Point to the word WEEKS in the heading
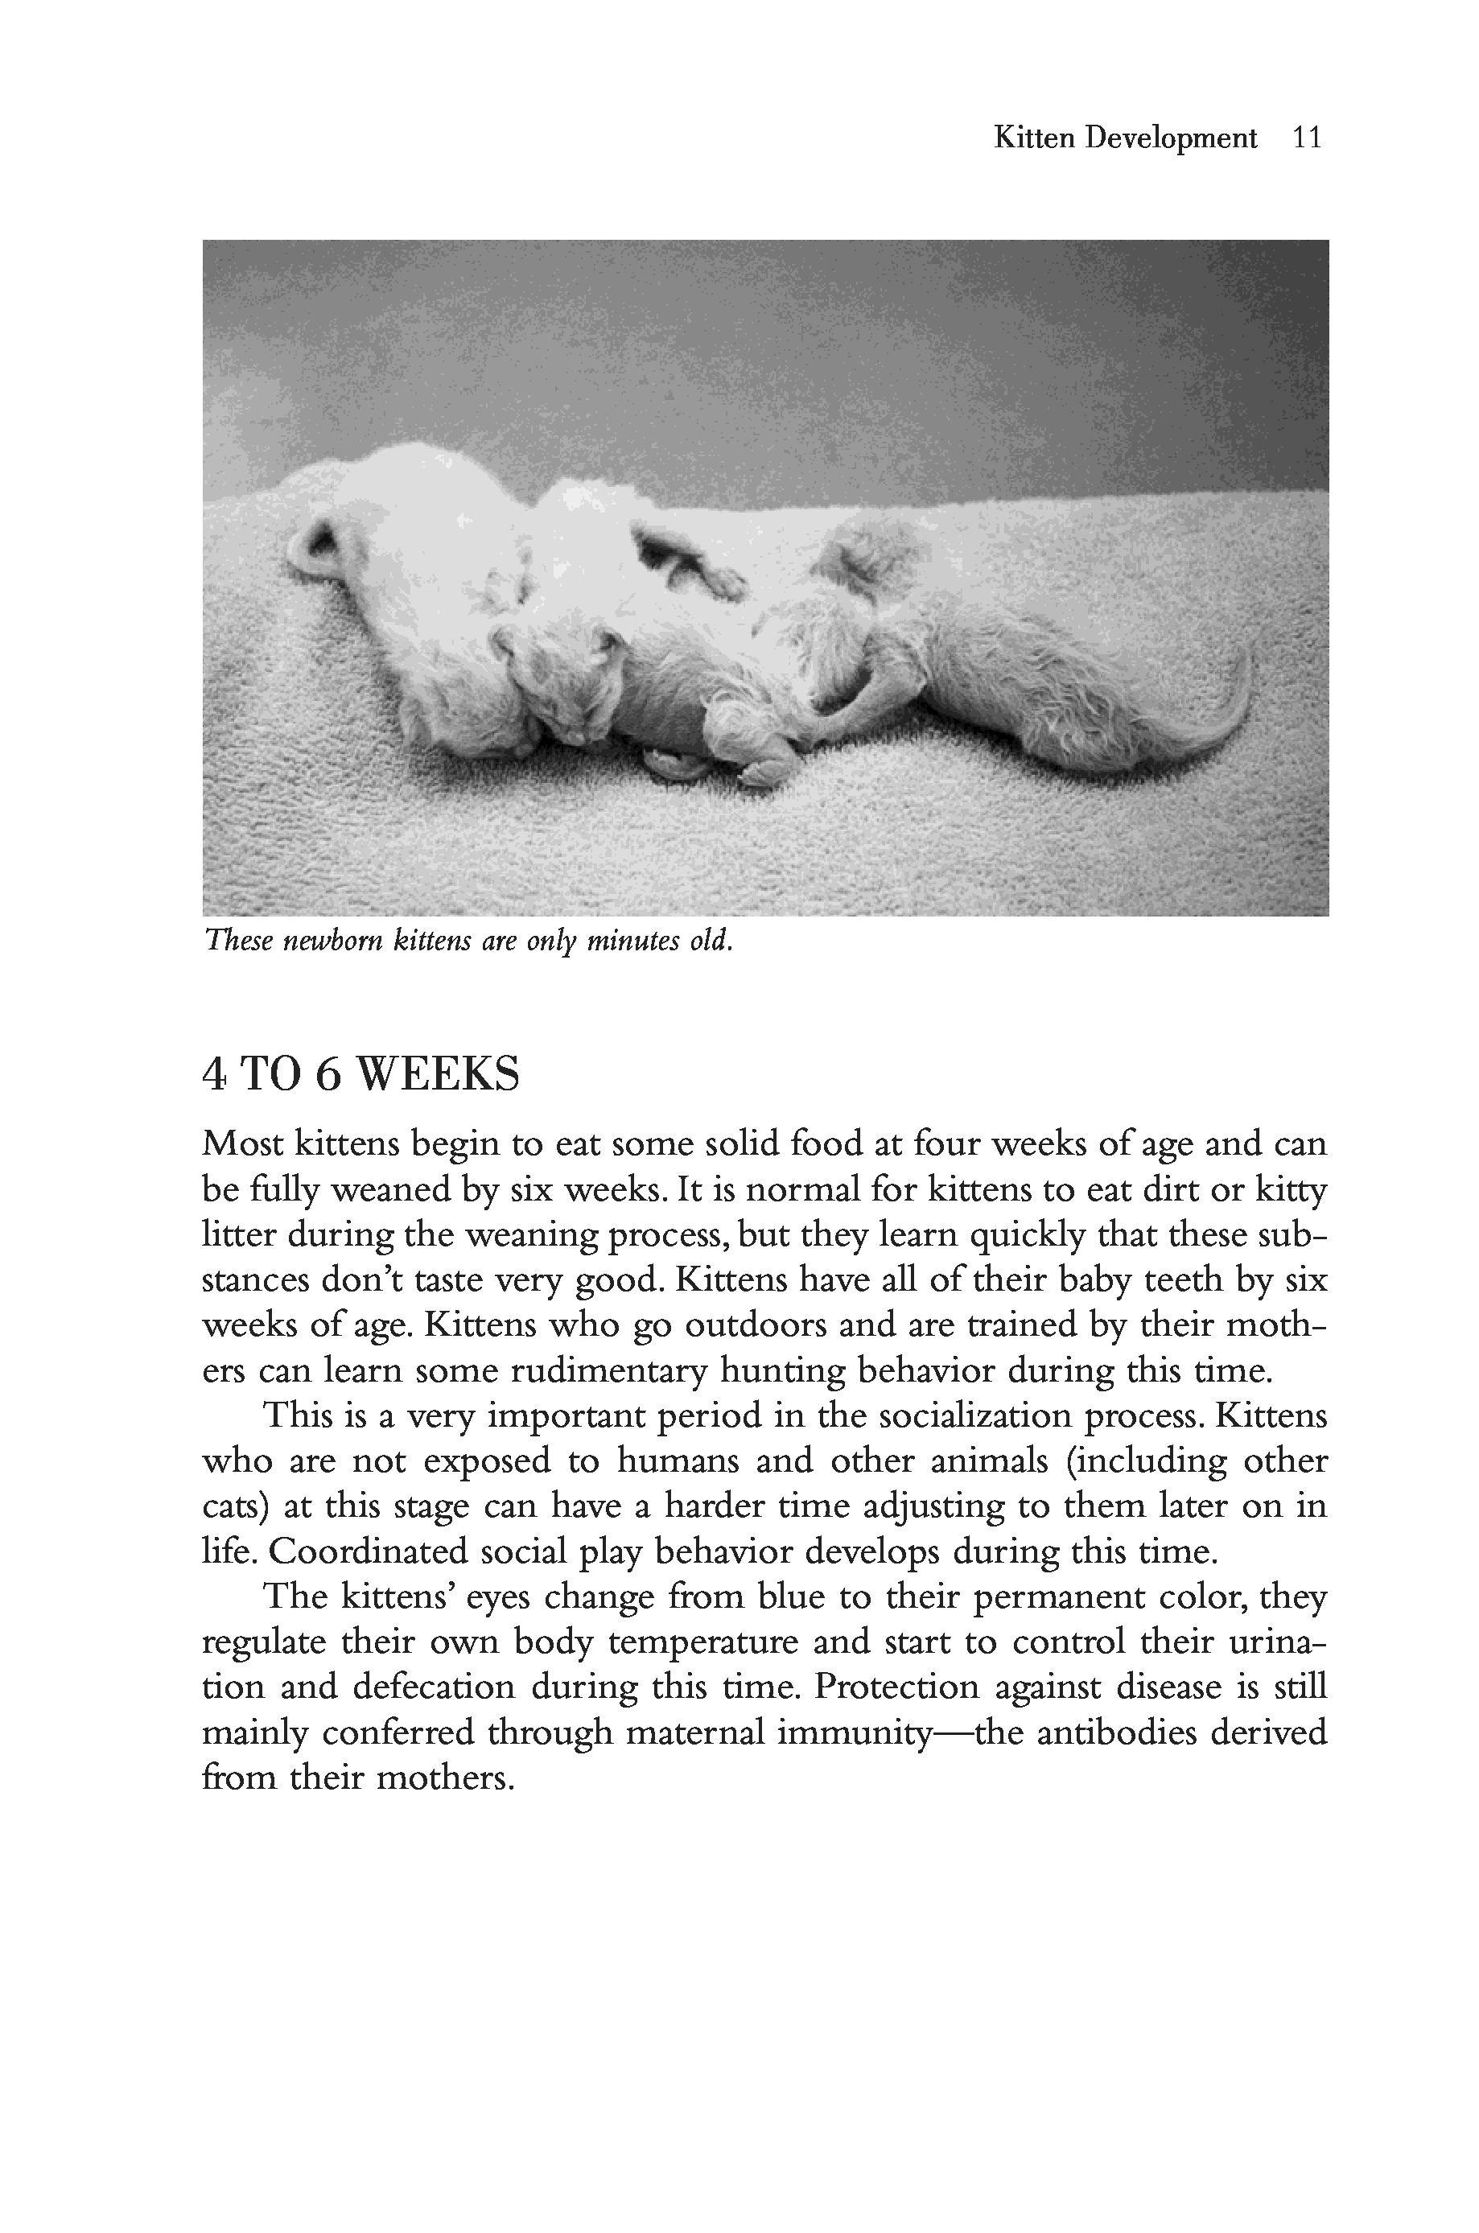tap(439, 1074)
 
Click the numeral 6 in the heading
tap(327, 1074)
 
